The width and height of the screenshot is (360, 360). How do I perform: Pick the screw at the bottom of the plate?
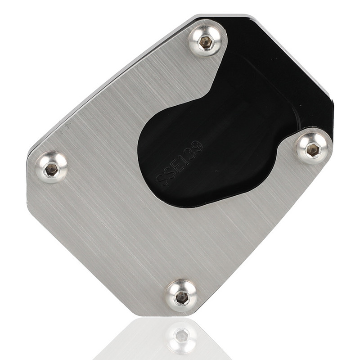(x=181, y=296)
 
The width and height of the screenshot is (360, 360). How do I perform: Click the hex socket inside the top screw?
(x=206, y=42)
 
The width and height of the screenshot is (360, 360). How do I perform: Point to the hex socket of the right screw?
(x=313, y=150)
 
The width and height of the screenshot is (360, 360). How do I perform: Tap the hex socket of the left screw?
(x=52, y=169)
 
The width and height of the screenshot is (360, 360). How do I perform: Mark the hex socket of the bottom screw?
(x=182, y=297)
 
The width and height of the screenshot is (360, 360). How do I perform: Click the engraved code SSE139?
(x=179, y=165)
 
